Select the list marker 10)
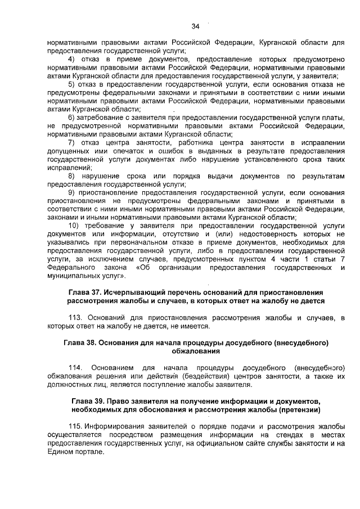(x=74, y=226)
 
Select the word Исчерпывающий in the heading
(x=139, y=293)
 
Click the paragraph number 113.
(x=76, y=318)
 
